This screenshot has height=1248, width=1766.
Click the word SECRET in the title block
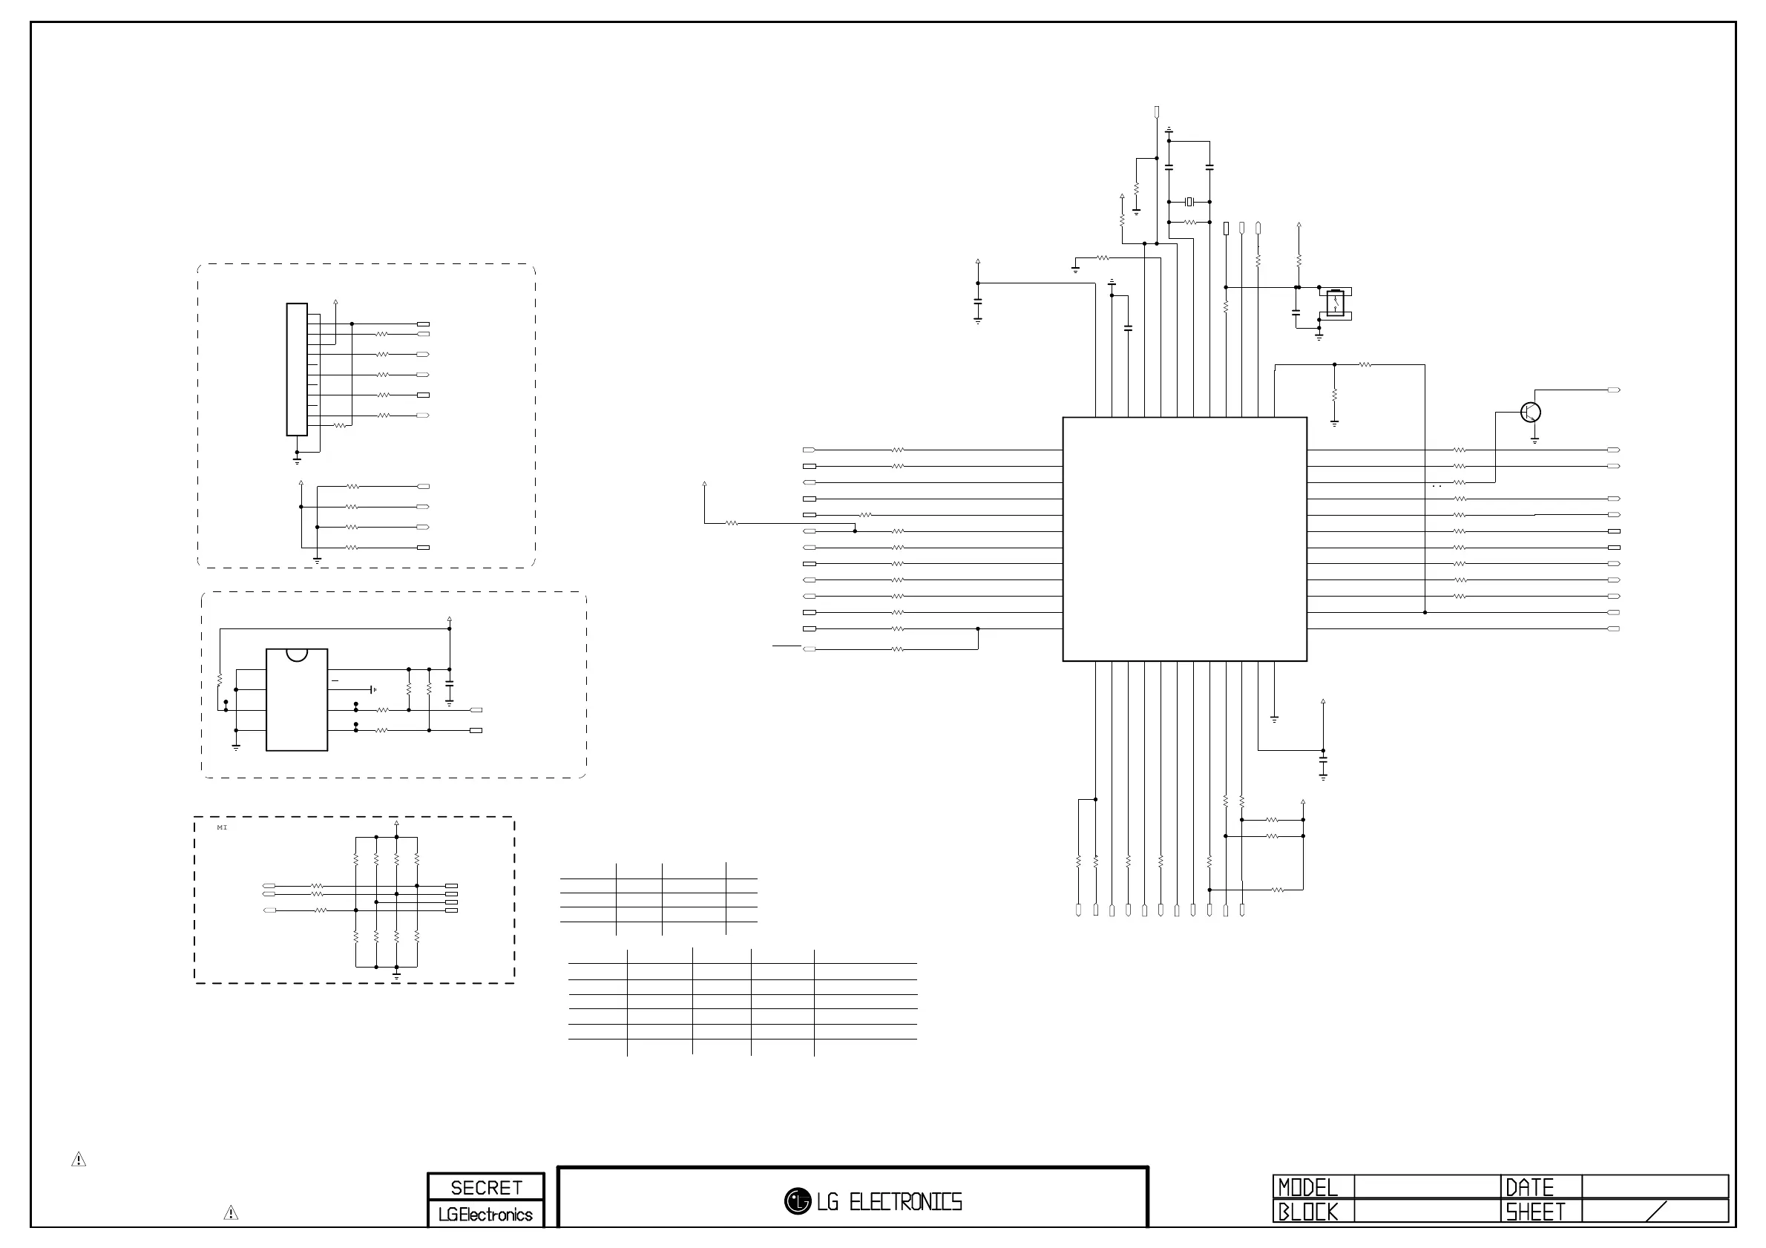(x=486, y=1188)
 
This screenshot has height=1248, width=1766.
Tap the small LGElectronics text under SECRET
(x=485, y=1215)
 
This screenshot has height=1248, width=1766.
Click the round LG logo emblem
(x=798, y=1201)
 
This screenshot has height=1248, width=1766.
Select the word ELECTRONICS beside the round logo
(x=905, y=1202)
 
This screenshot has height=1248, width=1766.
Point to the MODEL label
(x=1307, y=1188)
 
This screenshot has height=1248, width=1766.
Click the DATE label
(x=1530, y=1188)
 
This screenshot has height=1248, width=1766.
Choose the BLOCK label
(x=1307, y=1212)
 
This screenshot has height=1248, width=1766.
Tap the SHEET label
(x=1535, y=1212)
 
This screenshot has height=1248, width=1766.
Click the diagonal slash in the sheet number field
(x=1655, y=1212)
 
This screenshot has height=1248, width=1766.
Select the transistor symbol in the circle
(x=1531, y=412)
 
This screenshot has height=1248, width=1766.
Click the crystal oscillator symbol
(x=1189, y=202)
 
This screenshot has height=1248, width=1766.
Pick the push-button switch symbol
(x=1336, y=303)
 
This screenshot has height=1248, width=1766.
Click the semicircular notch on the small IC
(x=296, y=654)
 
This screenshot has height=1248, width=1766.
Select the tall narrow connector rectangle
(x=297, y=369)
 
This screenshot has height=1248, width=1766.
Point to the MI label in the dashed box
(x=223, y=827)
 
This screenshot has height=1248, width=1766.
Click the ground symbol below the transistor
(x=1534, y=441)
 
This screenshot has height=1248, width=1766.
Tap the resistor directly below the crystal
(x=1190, y=223)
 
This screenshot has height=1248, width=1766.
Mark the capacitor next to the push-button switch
(x=1296, y=312)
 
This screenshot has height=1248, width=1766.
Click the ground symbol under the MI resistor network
(x=396, y=975)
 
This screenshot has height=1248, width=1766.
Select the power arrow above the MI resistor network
(x=396, y=824)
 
